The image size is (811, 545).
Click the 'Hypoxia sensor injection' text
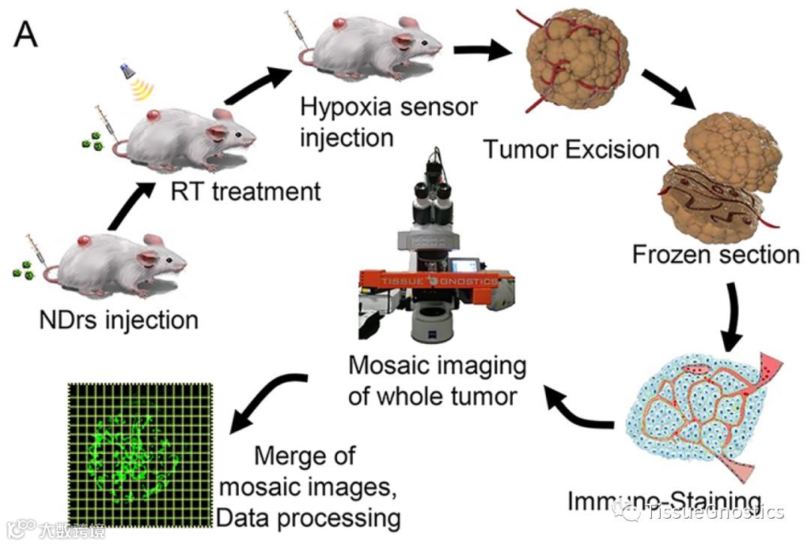point(387,122)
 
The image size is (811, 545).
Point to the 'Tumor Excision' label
point(571,149)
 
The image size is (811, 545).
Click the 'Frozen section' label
point(715,254)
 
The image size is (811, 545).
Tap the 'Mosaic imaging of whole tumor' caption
point(437,381)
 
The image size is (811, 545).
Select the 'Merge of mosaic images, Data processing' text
point(306,486)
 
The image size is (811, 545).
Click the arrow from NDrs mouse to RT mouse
point(126,207)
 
